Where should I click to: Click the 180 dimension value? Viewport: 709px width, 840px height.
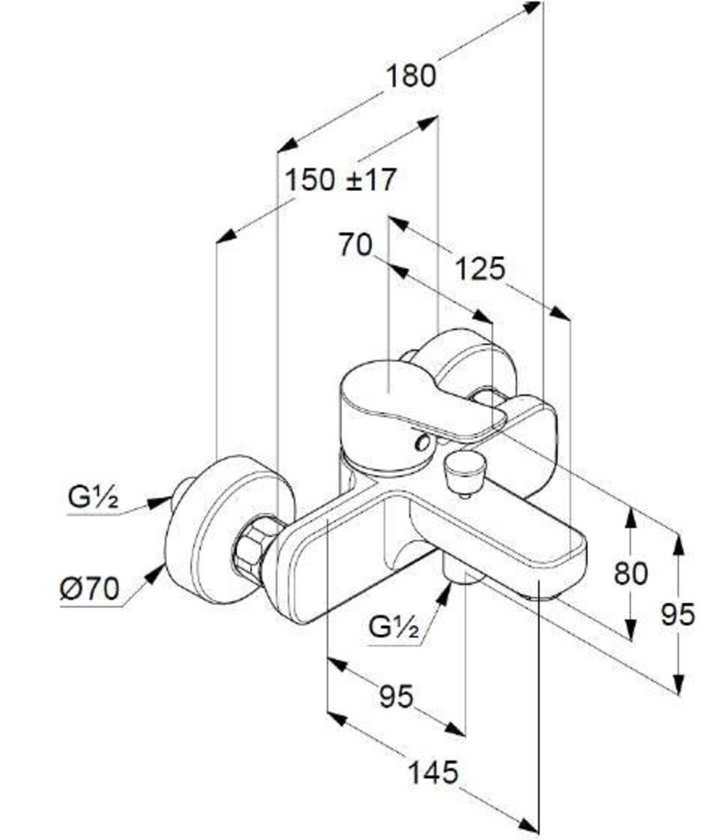(409, 76)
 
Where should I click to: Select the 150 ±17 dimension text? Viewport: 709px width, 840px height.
(340, 180)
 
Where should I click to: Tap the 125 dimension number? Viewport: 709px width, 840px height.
(479, 268)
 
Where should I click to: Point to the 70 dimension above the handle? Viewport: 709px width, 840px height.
(355, 245)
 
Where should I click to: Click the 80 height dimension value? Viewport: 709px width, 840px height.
(630, 573)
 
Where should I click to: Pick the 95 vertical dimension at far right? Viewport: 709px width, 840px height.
(678, 614)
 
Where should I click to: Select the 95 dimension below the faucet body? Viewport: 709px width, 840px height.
(395, 698)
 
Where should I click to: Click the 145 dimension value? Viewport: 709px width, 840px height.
(433, 774)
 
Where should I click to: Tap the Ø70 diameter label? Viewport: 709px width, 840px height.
(89, 589)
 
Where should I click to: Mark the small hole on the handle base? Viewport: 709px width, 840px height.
(424, 443)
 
